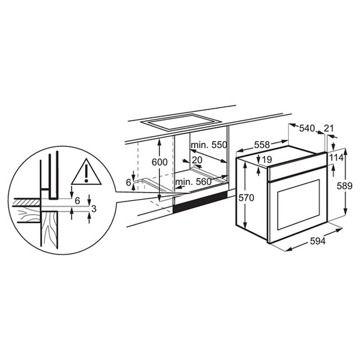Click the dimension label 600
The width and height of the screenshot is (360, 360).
click(x=160, y=162)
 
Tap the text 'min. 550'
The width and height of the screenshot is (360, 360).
click(x=209, y=145)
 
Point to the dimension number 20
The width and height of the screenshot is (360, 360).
click(x=197, y=160)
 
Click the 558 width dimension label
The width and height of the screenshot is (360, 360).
click(x=262, y=145)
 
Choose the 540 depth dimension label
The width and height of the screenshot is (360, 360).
click(x=307, y=129)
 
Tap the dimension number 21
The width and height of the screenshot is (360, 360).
click(x=329, y=129)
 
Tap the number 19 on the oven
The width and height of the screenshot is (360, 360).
click(x=267, y=159)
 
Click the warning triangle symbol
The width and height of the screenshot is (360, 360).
click(x=86, y=172)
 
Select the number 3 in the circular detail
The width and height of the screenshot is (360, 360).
click(x=93, y=209)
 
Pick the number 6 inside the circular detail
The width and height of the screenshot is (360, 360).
click(x=77, y=201)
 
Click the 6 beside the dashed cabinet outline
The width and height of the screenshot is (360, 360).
click(x=129, y=182)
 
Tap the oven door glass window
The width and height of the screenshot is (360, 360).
click(x=298, y=204)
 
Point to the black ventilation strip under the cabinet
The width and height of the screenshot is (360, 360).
click(x=201, y=203)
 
